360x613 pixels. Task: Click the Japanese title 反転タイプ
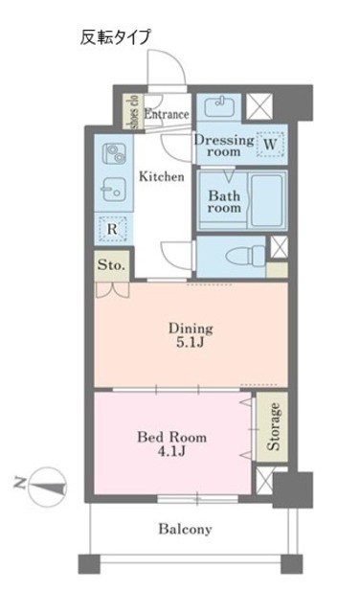pos(115,37)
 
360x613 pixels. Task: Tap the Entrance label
pos(167,115)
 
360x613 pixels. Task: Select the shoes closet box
pos(132,111)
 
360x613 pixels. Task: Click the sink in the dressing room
pos(219,106)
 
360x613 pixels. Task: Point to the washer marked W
pos(270,145)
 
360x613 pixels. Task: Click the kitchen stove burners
pos(114,154)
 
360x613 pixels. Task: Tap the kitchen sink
pos(114,190)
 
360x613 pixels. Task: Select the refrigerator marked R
pos(112,229)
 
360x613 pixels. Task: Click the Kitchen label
pos(162,176)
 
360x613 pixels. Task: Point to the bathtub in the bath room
pos(267,200)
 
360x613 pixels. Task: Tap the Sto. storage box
pos(111,265)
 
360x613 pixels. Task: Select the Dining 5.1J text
pos(191,335)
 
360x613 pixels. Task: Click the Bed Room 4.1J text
pos(171,444)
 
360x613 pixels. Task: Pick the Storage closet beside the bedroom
pos(272,427)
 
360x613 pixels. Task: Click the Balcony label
pos(186,530)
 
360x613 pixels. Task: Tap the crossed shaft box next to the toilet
pos(279,247)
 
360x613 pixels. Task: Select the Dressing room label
pos(224,146)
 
